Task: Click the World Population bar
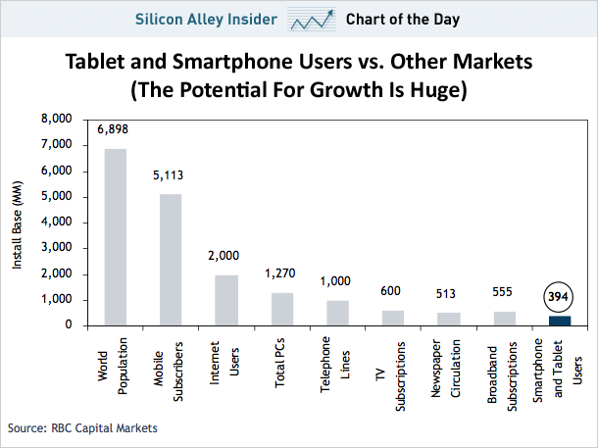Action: pyautogui.click(x=115, y=236)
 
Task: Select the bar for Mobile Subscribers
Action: pyautogui.click(x=171, y=259)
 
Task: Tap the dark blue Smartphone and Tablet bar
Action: pyautogui.click(x=559, y=320)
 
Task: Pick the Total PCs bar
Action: pyautogui.click(x=281, y=308)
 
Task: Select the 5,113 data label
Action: pyautogui.click(x=171, y=176)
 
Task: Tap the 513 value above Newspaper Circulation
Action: pyautogui.click(x=448, y=293)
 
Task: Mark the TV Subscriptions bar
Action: pyautogui.click(x=392, y=317)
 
